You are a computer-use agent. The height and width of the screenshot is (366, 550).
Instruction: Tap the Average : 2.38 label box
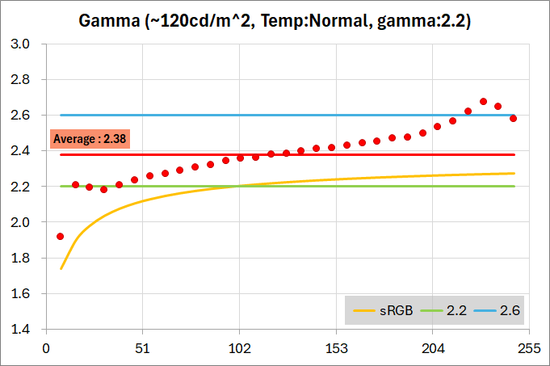tap(90, 138)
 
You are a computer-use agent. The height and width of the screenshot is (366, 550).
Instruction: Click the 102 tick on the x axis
tap(239, 347)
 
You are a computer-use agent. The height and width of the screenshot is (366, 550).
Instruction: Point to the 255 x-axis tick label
tap(529, 347)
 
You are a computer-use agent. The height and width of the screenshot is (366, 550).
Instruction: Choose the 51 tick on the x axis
tap(143, 347)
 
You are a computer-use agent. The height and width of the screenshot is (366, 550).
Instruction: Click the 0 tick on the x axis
tap(46, 347)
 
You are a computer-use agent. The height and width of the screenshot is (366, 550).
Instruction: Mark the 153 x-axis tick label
tap(336, 347)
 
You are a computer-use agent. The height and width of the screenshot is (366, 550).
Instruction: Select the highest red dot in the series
tap(483, 102)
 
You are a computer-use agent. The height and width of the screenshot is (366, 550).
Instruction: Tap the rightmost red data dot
tap(513, 119)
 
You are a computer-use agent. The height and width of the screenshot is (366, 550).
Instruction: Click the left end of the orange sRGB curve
tap(61, 268)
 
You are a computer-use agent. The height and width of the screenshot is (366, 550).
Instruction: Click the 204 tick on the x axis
tap(432, 347)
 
